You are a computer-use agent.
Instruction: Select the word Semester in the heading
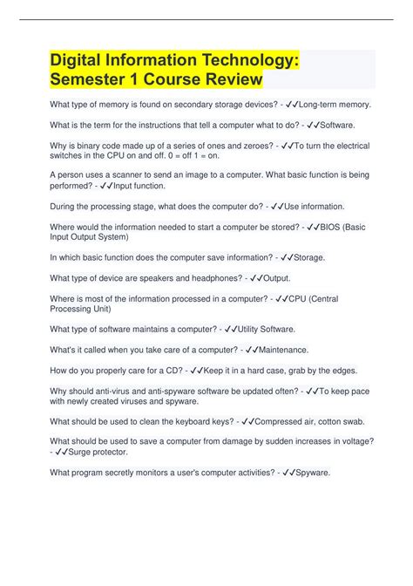coord(96,79)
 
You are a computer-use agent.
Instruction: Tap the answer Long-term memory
coord(335,105)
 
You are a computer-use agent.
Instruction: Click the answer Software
coord(335,126)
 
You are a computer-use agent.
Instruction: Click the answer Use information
coord(315,207)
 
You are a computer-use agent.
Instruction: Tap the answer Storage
coord(310,258)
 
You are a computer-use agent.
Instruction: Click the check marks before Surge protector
coord(62,453)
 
